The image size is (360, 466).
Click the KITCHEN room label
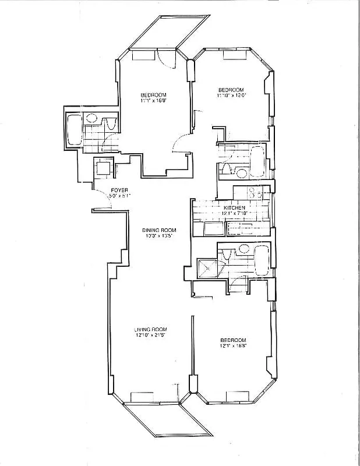[234, 207]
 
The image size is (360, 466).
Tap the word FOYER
[119, 190]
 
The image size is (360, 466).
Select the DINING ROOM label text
[159, 231]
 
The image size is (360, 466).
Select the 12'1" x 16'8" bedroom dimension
[232, 346]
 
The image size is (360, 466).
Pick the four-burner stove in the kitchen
[254, 193]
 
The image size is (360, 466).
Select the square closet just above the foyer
[103, 168]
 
